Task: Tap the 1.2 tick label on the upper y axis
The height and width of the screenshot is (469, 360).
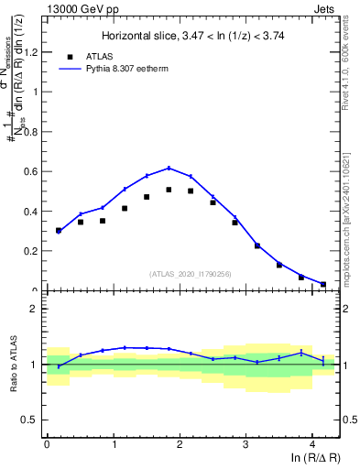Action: (32, 52)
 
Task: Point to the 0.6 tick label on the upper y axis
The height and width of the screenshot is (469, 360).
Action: (32, 171)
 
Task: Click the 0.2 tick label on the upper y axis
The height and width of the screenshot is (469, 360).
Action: (32, 250)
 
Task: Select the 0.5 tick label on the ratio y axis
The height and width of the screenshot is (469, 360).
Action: (32, 420)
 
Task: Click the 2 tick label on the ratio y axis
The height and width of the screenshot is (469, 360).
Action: (37, 309)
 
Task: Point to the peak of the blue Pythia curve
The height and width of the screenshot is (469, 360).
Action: (169, 168)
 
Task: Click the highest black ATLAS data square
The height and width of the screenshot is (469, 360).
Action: (169, 190)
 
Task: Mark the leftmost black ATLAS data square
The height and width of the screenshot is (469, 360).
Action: (59, 231)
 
